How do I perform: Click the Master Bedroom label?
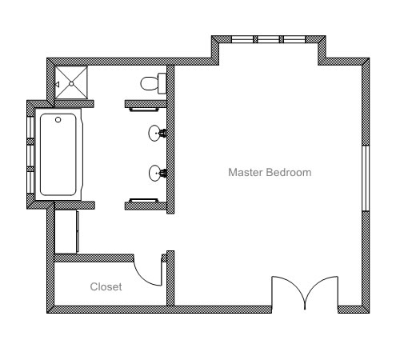coord(270,172)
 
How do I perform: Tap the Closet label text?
coord(106,286)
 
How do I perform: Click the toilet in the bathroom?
coord(154,83)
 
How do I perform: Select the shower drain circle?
coord(71,84)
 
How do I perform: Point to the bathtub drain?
coord(58,120)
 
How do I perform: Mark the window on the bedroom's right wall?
coord(366,178)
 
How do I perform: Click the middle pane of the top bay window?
coord(268,39)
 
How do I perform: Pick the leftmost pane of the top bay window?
coord(242,39)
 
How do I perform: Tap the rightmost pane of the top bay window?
coord(294,39)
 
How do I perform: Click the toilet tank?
coord(162,83)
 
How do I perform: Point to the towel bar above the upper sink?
coord(143,110)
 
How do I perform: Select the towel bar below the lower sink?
coord(143,200)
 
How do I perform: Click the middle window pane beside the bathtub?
coord(30,155)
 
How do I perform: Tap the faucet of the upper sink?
coord(163,133)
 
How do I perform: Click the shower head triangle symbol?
coord(57,85)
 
